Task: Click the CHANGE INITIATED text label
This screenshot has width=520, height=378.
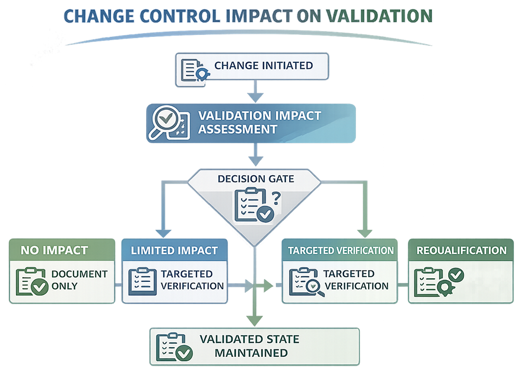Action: coord(263,66)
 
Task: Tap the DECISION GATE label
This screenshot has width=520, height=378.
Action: coord(255,179)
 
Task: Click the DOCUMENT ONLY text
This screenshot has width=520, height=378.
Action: coord(79,280)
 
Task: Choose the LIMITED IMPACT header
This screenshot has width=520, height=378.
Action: coord(174,250)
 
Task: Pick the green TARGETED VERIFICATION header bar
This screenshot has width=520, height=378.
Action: coord(341,250)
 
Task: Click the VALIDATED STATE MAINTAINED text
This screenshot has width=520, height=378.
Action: coord(249,346)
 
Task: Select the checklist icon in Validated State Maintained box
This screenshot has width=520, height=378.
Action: coord(174,347)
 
